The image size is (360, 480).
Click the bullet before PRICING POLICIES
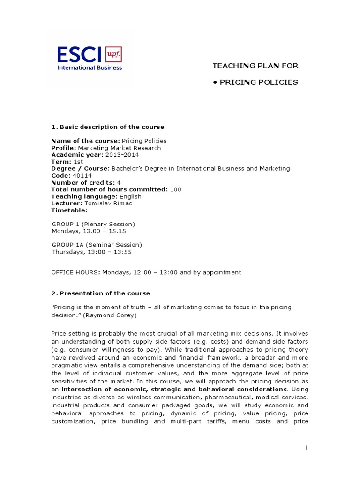pyautogui.click(x=215, y=82)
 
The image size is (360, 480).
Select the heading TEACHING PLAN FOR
pyautogui.click(x=255, y=66)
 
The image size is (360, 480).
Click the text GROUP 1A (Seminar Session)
pyautogui.click(x=97, y=245)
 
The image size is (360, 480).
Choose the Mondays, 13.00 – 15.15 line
pyautogui.click(x=89, y=231)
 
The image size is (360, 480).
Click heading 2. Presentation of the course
pyautogui.click(x=101, y=293)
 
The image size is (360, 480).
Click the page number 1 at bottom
pyautogui.click(x=307, y=448)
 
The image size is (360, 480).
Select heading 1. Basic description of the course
pyautogui.click(x=108, y=127)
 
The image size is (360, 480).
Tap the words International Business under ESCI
pyautogui.click(x=89, y=67)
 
